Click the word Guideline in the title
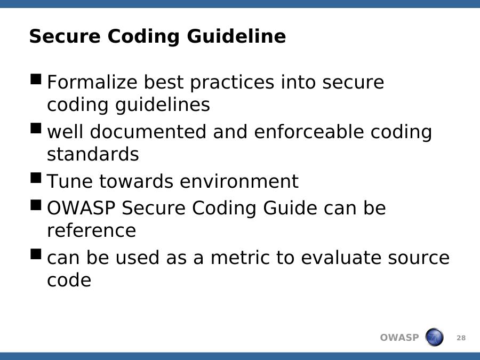pos(236,37)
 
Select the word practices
pos(232,83)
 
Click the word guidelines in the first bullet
pos(162,105)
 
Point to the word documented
pos(148,132)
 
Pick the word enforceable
pos(309,132)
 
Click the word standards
pos(93,154)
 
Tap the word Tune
pos(69,181)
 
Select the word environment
pos(239,181)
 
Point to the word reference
pos(91,230)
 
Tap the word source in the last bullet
pos(419,258)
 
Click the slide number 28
pos(461,338)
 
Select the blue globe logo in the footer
pos(434,337)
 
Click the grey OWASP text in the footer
pos(399,338)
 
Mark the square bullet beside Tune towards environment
pos(36,178)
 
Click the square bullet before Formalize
pos(36,79)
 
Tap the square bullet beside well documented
pos(36,128)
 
